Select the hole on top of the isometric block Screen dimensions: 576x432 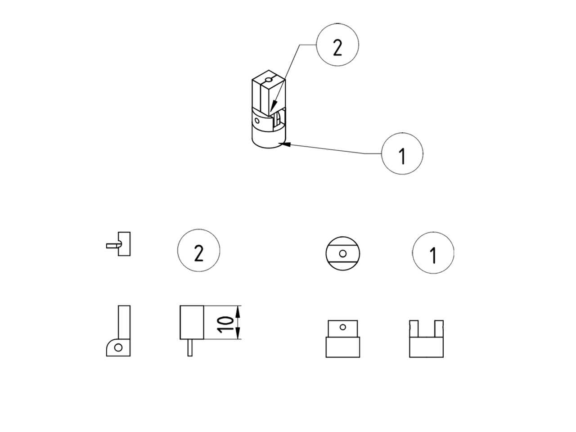pyautogui.click(x=269, y=80)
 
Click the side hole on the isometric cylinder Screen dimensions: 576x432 pyautogui.click(x=257, y=121)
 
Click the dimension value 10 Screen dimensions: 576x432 pyautogui.click(x=225, y=325)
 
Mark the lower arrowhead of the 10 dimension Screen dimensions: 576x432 pyautogui.click(x=238, y=333)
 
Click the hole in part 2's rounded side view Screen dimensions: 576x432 pyautogui.click(x=118, y=347)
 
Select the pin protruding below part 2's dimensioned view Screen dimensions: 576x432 pyautogui.click(x=190, y=348)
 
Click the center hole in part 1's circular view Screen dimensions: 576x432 pyautogui.click(x=343, y=253)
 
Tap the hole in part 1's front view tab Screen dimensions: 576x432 pyautogui.click(x=343, y=327)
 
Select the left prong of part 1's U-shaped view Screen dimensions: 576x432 pyautogui.click(x=414, y=328)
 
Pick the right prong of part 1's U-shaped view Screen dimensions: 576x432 pyautogui.click(x=439, y=328)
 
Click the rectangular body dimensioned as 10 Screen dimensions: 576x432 pyautogui.click(x=192, y=322)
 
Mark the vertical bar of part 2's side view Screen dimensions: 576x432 pyautogui.click(x=124, y=322)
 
